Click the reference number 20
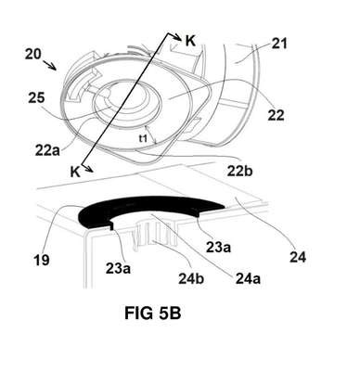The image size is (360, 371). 33,55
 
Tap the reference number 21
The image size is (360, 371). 279,44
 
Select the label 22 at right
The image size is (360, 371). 276,116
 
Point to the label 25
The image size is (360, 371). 36,98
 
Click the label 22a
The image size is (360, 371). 47,151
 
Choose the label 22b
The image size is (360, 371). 240,171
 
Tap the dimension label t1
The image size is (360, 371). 143,139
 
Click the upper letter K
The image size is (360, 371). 190,41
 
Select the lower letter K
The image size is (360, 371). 75,172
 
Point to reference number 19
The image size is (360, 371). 42,260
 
